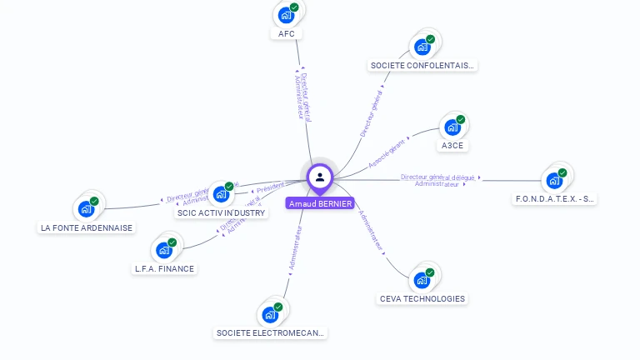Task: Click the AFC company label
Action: pyautogui.click(x=287, y=34)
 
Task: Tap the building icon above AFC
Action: pyautogui.click(x=287, y=15)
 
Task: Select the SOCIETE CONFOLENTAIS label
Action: pyautogui.click(x=422, y=65)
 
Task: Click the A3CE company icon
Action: pyautogui.click(x=452, y=127)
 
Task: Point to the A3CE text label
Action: pyautogui.click(x=452, y=145)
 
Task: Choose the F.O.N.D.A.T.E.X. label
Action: pyautogui.click(x=555, y=198)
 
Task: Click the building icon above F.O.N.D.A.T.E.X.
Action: pyautogui.click(x=554, y=180)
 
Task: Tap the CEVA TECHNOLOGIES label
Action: pyautogui.click(x=422, y=298)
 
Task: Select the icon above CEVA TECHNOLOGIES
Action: pyautogui.click(x=422, y=280)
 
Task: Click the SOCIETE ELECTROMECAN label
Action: pyautogui.click(x=271, y=332)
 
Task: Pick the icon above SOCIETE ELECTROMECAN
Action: pyautogui.click(x=271, y=314)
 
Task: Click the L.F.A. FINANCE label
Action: pyautogui.click(x=164, y=268)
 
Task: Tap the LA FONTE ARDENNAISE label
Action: pyautogui.click(x=87, y=227)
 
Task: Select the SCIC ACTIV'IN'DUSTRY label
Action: pyautogui.click(x=222, y=212)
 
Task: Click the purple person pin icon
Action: pyautogui.click(x=320, y=177)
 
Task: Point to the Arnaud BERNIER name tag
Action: pyautogui.click(x=320, y=203)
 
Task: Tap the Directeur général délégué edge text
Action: pyautogui.click(x=437, y=177)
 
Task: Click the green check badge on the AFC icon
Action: pyautogui.click(x=294, y=7)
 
